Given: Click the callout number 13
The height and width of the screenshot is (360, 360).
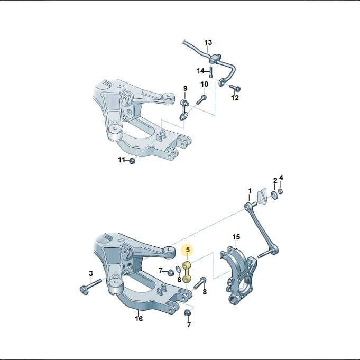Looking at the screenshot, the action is [208, 42].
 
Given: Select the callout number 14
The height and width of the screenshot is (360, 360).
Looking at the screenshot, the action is [200, 71].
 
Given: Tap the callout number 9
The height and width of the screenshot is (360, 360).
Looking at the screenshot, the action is [185, 88].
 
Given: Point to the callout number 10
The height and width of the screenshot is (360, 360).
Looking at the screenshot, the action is [205, 84].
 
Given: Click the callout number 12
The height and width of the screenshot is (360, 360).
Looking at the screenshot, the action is [235, 98].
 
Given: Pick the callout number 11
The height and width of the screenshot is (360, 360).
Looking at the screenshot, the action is [122, 160].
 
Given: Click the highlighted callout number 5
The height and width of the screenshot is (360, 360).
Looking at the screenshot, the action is [188, 250].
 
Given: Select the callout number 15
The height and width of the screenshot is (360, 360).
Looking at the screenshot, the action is [236, 237].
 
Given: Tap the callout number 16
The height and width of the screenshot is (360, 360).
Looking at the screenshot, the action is [139, 319].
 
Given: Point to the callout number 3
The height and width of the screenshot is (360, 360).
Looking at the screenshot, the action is [91, 273].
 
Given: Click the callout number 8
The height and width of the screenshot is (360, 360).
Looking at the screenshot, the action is [205, 292].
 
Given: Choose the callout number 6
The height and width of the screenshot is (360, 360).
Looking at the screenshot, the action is [179, 280].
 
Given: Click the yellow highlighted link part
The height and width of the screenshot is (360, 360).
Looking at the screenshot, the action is [187, 272].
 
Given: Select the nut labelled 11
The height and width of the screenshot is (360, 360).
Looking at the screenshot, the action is [132, 161].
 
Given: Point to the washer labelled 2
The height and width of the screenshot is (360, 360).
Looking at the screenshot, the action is [274, 195].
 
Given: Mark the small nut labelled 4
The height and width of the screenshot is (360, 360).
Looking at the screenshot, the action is [280, 191].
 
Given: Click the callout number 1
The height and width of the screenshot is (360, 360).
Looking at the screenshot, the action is [250, 191].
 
